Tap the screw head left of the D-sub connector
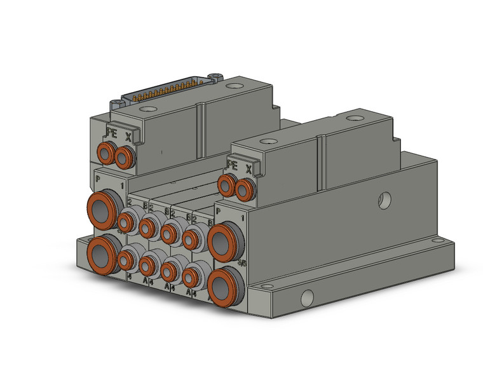[116, 103]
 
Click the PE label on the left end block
[111, 134]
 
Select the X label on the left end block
[129, 136]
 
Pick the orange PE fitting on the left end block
[107, 153]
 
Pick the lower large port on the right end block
[223, 285]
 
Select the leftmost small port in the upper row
[126, 221]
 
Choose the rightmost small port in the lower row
[191, 276]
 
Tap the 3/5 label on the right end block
[242, 261]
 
